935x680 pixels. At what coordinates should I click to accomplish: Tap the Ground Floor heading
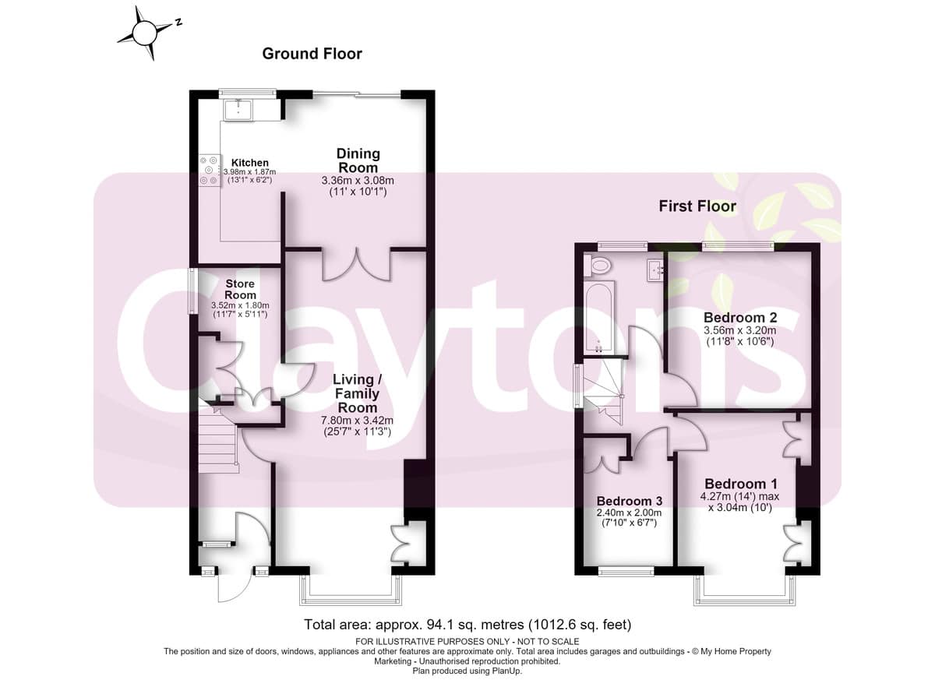point(312,54)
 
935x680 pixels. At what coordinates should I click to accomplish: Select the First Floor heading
point(697,206)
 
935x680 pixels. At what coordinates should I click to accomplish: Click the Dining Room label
point(358,160)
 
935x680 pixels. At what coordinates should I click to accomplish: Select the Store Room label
point(240,289)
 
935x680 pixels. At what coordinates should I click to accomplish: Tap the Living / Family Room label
point(358,393)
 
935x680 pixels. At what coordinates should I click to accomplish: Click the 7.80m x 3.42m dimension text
point(358,421)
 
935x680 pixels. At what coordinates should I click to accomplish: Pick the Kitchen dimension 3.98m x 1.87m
point(249,172)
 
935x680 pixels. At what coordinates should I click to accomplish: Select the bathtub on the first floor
point(598,318)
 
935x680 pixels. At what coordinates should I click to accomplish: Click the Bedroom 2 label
point(740,318)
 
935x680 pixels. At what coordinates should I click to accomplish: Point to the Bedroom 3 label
point(630,501)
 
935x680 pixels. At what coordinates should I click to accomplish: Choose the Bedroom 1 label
point(741,484)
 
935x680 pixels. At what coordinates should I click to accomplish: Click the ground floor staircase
point(218,442)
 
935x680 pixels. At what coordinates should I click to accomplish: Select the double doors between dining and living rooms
point(357,264)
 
